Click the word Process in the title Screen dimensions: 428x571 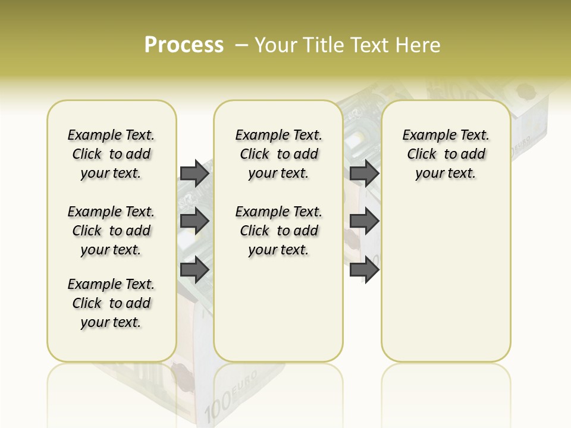click(184, 45)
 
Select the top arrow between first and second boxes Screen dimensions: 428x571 click(194, 173)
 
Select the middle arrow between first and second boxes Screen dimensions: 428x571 click(194, 221)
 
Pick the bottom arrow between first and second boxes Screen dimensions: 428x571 click(194, 269)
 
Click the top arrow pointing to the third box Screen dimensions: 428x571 click(364, 173)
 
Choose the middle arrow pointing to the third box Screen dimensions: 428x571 click(364, 221)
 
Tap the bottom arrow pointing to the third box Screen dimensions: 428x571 click(364, 269)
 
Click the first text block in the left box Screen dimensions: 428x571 click(111, 154)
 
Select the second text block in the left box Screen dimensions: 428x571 click(111, 231)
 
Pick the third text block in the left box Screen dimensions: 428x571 click(111, 303)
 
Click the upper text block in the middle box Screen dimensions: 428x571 click(278, 154)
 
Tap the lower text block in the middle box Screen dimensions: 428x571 click(278, 231)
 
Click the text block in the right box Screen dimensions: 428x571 click(445, 154)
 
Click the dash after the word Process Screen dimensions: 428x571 click(241, 46)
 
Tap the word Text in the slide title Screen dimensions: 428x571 click(369, 45)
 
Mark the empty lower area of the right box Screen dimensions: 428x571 click(445, 279)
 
